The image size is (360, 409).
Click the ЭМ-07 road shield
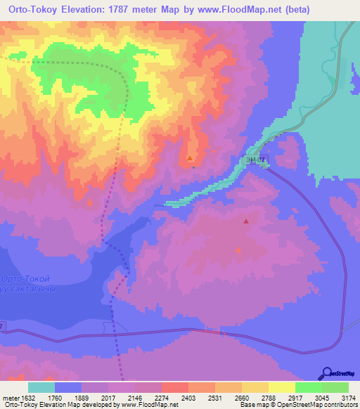256,160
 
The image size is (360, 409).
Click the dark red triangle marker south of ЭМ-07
246,221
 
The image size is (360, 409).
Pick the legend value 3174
346,398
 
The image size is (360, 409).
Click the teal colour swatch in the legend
41,387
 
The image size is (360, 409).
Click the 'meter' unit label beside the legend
10,398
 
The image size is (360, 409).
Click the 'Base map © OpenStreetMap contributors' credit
297,405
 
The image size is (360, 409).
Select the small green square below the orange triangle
194,167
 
